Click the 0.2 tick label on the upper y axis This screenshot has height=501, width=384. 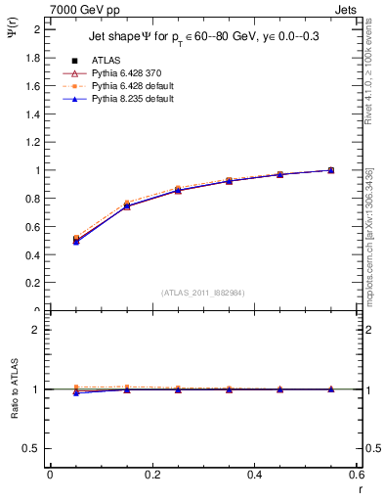tap(35, 283)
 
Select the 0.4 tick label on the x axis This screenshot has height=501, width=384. tap(255, 475)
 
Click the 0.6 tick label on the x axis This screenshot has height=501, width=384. tap(357, 475)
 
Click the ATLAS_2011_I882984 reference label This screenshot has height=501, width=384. tap(202, 293)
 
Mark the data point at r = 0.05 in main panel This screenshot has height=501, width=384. tap(76, 239)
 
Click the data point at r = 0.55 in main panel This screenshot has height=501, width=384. tap(331, 170)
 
